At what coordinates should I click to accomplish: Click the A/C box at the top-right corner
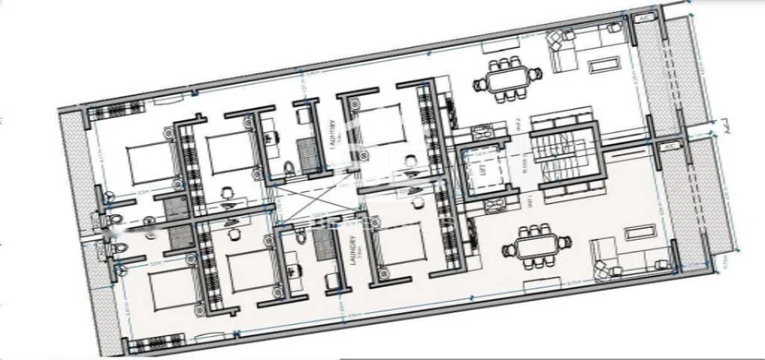pos(644,18)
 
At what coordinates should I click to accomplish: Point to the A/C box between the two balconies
pos(667,146)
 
